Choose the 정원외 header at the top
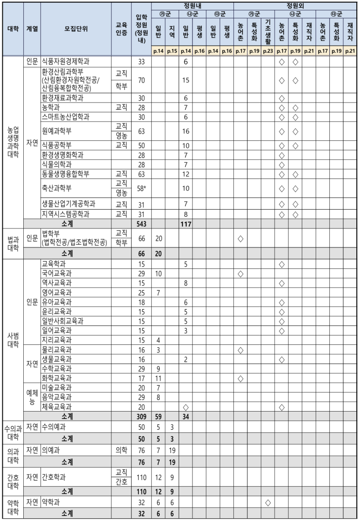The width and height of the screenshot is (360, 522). tap(296, 5)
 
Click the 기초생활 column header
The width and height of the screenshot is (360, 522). tap(268, 28)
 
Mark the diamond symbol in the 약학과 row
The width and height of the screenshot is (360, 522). tap(268, 503)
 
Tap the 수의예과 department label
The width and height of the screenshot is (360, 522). tap(54, 426)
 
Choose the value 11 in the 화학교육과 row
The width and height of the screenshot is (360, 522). tap(158, 378)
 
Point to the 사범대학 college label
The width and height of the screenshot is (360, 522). tap(14, 340)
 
